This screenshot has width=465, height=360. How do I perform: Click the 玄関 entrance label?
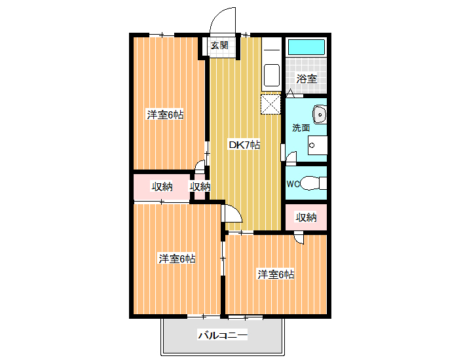(219, 46)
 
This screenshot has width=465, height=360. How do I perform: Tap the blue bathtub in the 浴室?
(307, 47)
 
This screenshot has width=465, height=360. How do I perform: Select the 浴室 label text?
(307, 79)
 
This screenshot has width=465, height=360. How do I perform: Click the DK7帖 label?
(244, 145)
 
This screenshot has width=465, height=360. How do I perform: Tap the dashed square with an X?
(270, 104)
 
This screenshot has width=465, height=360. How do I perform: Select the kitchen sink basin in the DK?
(272, 75)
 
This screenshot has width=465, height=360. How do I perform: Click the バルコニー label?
(223, 335)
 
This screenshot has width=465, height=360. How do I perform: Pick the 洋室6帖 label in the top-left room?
(165, 115)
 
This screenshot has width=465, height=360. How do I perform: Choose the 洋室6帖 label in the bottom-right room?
(276, 275)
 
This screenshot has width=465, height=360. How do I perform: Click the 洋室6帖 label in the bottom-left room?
(177, 259)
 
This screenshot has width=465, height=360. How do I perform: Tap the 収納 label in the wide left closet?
(162, 187)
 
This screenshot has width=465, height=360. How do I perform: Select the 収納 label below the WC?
(306, 217)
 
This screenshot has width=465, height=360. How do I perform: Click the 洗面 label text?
(301, 128)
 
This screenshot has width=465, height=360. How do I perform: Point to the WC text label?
(293, 184)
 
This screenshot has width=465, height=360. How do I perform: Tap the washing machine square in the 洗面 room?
(318, 145)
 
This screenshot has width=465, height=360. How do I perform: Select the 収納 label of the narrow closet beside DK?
(200, 187)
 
